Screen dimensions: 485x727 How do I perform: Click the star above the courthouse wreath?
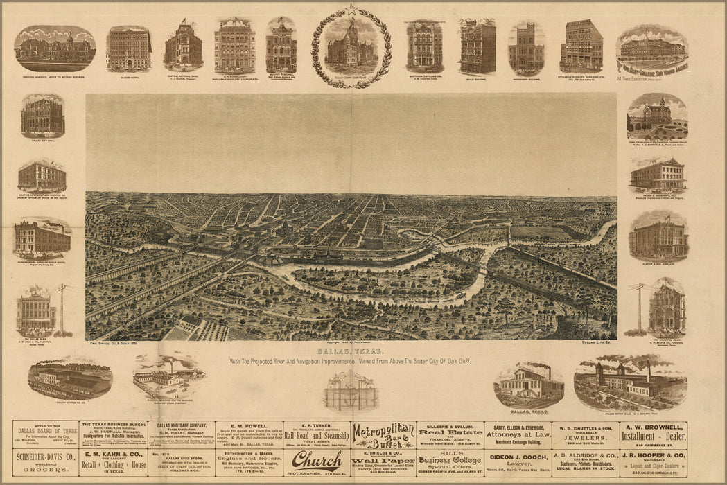[x=351, y=9]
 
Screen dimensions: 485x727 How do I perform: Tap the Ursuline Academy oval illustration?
[x=55, y=48]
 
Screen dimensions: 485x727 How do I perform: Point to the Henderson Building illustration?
[x=526, y=48]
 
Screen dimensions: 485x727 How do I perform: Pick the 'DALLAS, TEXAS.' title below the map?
[x=351, y=352]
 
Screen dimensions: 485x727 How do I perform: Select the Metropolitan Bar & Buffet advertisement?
[x=383, y=435]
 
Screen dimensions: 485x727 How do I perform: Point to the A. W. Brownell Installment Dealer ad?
[x=652, y=435]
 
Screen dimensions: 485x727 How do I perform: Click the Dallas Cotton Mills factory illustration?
[x=630, y=381]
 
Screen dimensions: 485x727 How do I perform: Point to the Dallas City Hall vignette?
[x=43, y=118]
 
